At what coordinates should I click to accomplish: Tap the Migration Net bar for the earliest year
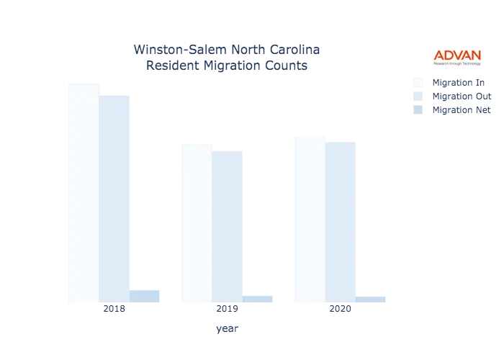pos(145,297)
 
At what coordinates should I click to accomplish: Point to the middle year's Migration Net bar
pos(259,300)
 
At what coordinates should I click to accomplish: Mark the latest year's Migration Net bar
pos(371,300)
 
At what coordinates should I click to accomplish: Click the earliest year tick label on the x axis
pos(114,310)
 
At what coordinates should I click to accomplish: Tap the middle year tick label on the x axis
pos(228,310)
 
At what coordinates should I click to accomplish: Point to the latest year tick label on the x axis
pos(341,310)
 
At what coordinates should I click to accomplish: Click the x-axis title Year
pos(227,329)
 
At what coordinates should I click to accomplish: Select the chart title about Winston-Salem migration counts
pos(228,58)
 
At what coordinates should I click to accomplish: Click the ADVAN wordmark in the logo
pos(458,55)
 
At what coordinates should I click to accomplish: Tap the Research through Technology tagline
pos(458,64)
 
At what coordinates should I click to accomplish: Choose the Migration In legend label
pos(462,81)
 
